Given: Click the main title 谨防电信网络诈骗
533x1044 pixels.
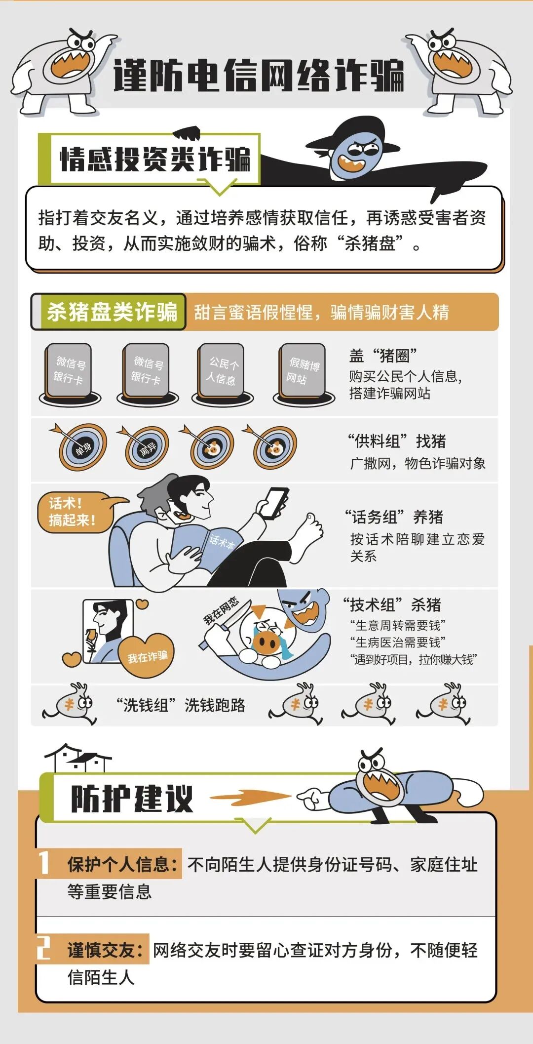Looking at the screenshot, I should (x=259, y=76).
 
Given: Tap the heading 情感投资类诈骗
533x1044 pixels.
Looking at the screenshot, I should (x=155, y=159).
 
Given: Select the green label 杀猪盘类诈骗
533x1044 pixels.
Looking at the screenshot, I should (x=112, y=312).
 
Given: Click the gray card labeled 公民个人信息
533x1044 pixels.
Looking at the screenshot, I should (x=222, y=371).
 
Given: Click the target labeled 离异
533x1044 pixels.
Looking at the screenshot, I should (x=147, y=448).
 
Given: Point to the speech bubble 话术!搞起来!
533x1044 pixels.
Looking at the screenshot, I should (x=74, y=512).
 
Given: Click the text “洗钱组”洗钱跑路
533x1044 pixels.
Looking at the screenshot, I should (x=181, y=705).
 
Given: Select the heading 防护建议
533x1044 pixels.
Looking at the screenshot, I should (x=132, y=798).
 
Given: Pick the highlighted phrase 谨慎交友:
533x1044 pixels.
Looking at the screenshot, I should (x=106, y=950).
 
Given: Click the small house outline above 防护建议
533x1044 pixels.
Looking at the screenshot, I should (x=77, y=759).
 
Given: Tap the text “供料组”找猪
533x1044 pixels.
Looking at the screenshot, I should (x=397, y=441).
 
